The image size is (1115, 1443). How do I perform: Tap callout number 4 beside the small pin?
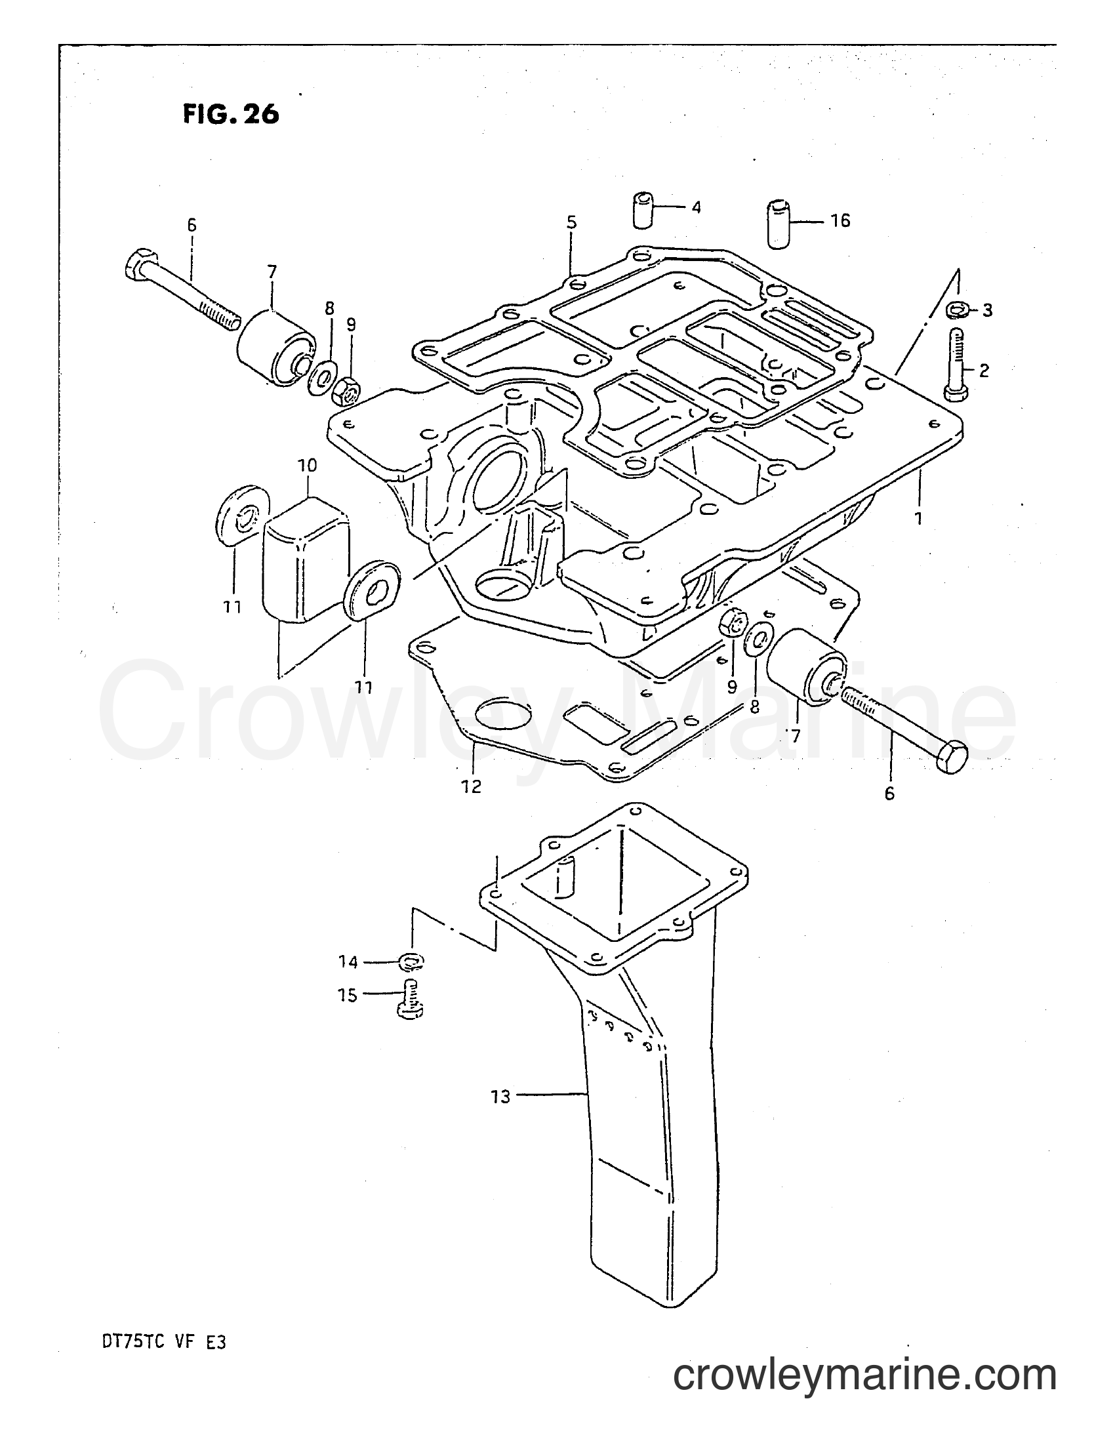pyautogui.click(x=696, y=207)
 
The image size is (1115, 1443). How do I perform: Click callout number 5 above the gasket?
pyautogui.click(x=571, y=222)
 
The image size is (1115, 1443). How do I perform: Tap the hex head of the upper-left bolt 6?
pyautogui.click(x=139, y=263)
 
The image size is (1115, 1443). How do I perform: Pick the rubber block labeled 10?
pyautogui.click(x=306, y=560)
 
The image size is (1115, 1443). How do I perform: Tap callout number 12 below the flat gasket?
pyautogui.click(x=472, y=786)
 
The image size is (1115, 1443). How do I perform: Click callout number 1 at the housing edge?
pyautogui.click(x=918, y=518)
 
